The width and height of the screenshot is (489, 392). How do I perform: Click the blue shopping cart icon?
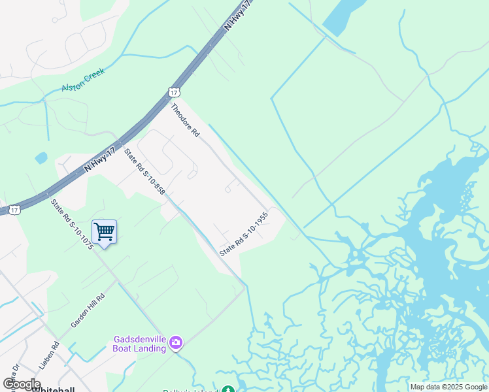click(x=105, y=231)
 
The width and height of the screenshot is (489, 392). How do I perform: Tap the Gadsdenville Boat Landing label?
click(x=140, y=344)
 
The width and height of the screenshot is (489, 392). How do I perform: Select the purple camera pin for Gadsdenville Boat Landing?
click(x=175, y=342)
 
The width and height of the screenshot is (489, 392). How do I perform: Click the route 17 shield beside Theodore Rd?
click(x=173, y=93)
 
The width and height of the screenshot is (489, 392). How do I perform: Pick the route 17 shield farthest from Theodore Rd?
click(x=14, y=210)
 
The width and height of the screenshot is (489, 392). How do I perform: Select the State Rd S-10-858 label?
click(x=144, y=173)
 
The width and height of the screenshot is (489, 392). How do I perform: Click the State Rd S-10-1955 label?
click(x=244, y=233)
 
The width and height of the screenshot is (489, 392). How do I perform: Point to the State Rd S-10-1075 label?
click(x=71, y=224)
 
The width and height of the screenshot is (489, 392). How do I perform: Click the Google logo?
click(x=22, y=384)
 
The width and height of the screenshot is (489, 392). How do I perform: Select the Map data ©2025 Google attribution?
click(x=448, y=387)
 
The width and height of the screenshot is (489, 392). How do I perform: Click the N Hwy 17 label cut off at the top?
click(x=237, y=15)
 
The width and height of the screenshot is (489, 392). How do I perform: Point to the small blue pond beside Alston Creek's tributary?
click(x=41, y=157)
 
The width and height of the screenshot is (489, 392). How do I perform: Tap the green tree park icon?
click(x=227, y=389)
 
